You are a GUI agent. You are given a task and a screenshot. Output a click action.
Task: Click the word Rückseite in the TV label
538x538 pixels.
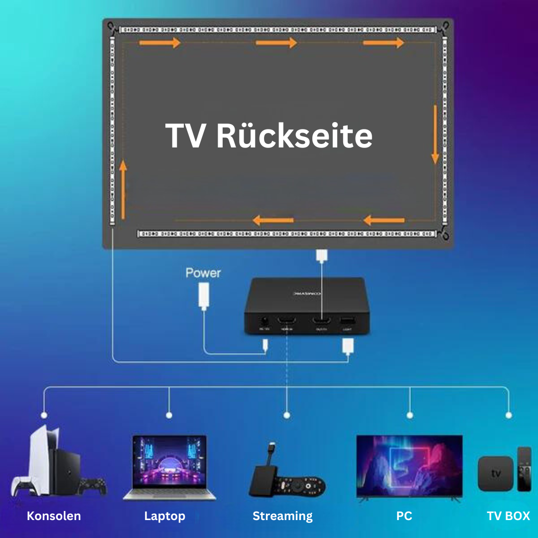[x=294, y=136]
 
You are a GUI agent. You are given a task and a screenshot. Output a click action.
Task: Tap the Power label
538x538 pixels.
[x=203, y=273]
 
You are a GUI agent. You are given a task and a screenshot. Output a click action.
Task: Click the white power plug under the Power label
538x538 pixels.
[x=203, y=295]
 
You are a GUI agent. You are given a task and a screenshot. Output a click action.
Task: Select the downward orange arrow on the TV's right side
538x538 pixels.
[x=435, y=134]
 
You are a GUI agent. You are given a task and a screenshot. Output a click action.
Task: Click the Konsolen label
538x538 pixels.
[x=54, y=516]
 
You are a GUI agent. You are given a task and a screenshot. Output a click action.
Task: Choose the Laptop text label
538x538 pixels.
[x=164, y=516]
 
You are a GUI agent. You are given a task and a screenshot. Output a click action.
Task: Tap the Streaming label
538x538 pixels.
[x=282, y=516]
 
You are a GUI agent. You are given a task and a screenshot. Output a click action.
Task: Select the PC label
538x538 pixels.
[x=404, y=516]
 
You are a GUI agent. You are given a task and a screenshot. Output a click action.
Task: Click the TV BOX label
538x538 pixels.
[x=508, y=516]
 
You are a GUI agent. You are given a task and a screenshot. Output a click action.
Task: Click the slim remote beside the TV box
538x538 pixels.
[x=524, y=468]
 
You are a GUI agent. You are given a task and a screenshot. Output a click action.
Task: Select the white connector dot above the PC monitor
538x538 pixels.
[x=409, y=414]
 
